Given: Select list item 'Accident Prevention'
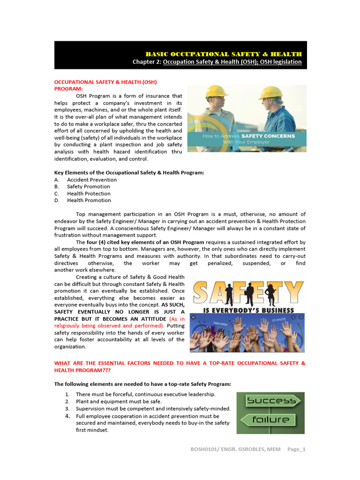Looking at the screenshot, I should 92,180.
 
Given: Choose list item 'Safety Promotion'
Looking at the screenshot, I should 89,187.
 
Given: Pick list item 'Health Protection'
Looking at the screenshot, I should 89,194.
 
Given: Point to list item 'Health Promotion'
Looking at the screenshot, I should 89,200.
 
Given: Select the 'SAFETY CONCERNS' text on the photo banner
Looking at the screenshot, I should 268,136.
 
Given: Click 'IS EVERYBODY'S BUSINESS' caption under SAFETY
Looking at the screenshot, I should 248,310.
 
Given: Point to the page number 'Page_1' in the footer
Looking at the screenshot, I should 296,449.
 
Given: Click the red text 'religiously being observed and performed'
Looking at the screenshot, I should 109,325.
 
